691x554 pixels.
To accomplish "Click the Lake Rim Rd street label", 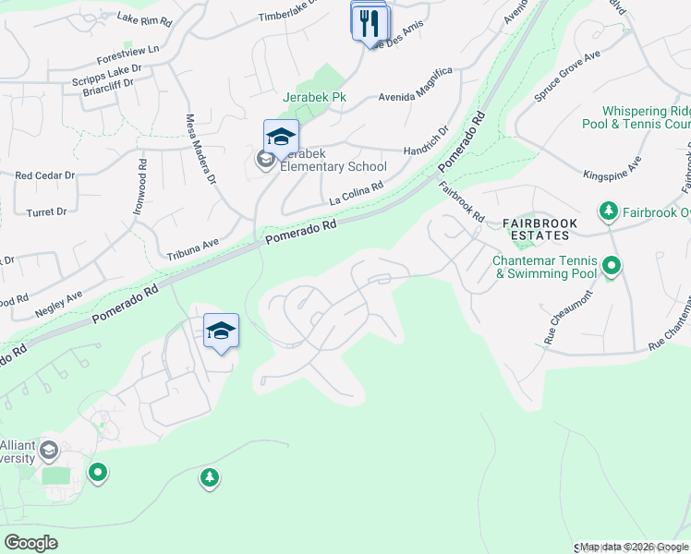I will pos(145,18).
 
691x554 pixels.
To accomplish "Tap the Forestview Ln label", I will pos(121,50).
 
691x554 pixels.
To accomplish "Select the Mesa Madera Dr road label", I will pos(200,148).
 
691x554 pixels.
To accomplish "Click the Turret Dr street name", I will pos(48,211).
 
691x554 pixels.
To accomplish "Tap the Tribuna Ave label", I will pos(192,244).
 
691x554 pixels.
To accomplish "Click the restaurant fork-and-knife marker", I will pos(370,22).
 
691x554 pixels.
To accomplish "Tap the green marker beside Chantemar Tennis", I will pos(611,268).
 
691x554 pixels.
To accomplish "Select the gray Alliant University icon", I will pos(49,451).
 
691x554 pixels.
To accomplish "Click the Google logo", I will pos(31,543).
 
